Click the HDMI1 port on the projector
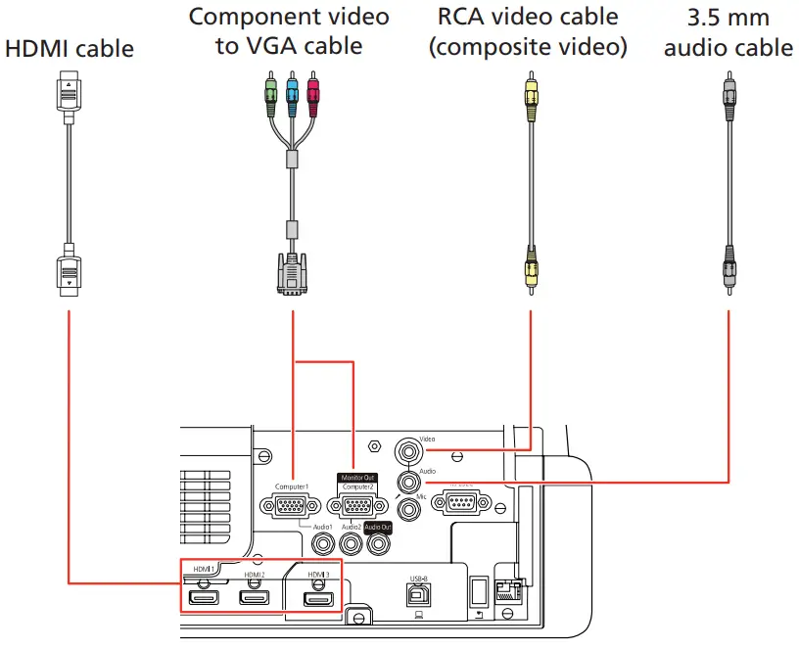coord(205,596)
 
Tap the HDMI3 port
coord(318,596)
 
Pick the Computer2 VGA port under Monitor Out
coord(357,506)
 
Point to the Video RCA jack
coord(409,452)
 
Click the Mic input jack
coord(409,509)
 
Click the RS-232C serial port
coord(459,503)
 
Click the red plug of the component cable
coord(313,93)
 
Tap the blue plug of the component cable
coord(292,93)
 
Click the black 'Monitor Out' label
coord(357,477)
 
